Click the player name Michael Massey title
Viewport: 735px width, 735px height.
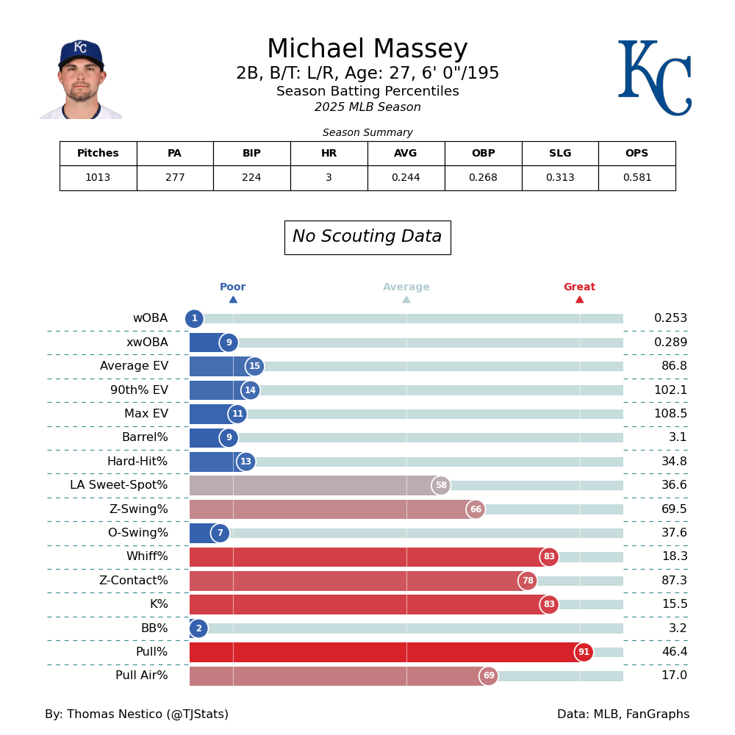click(x=367, y=50)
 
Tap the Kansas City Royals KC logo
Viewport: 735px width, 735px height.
click(x=653, y=77)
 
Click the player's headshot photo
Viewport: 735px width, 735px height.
click(x=81, y=79)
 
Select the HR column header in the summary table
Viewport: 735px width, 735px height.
click(x=329, y=154)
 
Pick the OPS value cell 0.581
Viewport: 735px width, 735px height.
click(x=637, y=178)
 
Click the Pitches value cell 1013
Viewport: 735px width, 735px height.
click(x=98, y=178)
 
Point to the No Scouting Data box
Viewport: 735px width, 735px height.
click(x=367, y=237)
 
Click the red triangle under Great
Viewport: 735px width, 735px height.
click(x=579, y=299)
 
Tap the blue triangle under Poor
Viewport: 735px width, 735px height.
click(x=233, y=299)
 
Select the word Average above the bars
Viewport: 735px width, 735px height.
click(x=406, y=287)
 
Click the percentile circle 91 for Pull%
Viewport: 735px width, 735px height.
click(x=584, y=653)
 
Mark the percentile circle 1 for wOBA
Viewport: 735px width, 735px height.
click(x=194, y=319)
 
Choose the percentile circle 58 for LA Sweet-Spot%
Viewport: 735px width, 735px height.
click(x=441, y=486)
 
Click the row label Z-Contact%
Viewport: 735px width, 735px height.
click(x=133, y=581)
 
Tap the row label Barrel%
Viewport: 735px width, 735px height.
click(x=145, y=438)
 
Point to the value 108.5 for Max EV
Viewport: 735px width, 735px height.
click(x=670, y=414)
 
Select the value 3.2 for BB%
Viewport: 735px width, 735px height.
click(x=678, y=628)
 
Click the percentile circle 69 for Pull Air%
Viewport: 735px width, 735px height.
click(x=489, y=676)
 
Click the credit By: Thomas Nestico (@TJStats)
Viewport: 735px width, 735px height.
click(x=137, y=714)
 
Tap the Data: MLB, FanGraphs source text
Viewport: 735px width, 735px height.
click(x=623, y=714)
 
